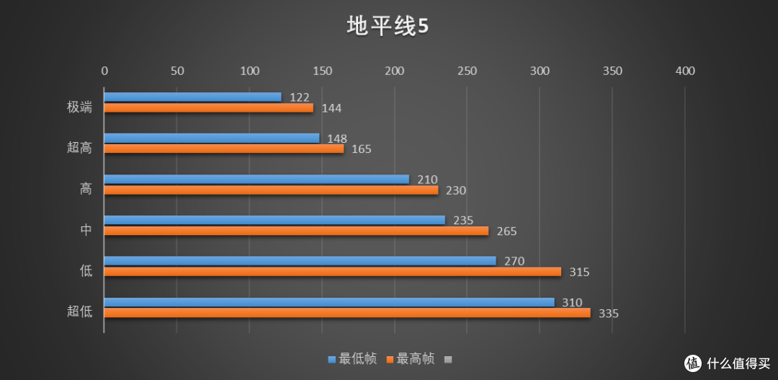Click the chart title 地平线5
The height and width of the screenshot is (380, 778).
(x=388, y=27)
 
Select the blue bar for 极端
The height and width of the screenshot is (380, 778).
(x=192, y=97)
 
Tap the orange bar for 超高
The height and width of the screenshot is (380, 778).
(x=223, y=149)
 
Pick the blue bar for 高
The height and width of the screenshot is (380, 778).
(x=256, y=179)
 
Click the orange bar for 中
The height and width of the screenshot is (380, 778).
(x=295, y=231)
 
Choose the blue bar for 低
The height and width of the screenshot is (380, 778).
(x=300, y=260)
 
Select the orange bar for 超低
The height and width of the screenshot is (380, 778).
(x=346, y=313)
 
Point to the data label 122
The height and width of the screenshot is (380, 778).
(x=299, y=97)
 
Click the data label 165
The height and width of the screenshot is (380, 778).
(x=362, y=149)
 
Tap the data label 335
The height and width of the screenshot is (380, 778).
(x=608, y=314)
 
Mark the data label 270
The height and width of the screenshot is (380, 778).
(x=514, y=261)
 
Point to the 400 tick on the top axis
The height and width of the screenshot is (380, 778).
(x=685, y=71)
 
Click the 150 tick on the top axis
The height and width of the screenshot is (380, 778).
(x=322, y=71)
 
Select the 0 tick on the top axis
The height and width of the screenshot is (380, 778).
(x=104, y=71)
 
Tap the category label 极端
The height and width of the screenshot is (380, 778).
(x=79, y=107)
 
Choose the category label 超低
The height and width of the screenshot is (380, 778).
(x=79, y=311)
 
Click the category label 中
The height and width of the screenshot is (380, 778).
(x=86, y=230)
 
